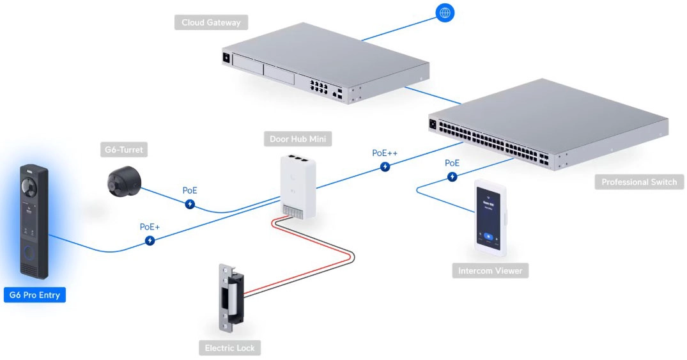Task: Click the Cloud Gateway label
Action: pos(211,22)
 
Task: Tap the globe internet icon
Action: pos(445,12)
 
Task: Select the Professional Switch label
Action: pos(638,182)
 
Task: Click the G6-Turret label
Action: pos(124,150)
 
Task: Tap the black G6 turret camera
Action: pos(124,181)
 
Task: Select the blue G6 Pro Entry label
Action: pos(35,295)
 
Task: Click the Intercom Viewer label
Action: pos(490,270)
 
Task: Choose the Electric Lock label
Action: pos(229,348)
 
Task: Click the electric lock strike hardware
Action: pos(231,298)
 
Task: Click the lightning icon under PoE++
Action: pos(385,167)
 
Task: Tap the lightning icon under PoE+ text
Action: pos(150,240)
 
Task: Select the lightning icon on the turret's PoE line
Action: pos(190,204)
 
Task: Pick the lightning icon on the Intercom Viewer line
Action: pos(452,176)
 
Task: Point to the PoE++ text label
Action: pos(385,153)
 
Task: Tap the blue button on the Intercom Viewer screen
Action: pos(490,236)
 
